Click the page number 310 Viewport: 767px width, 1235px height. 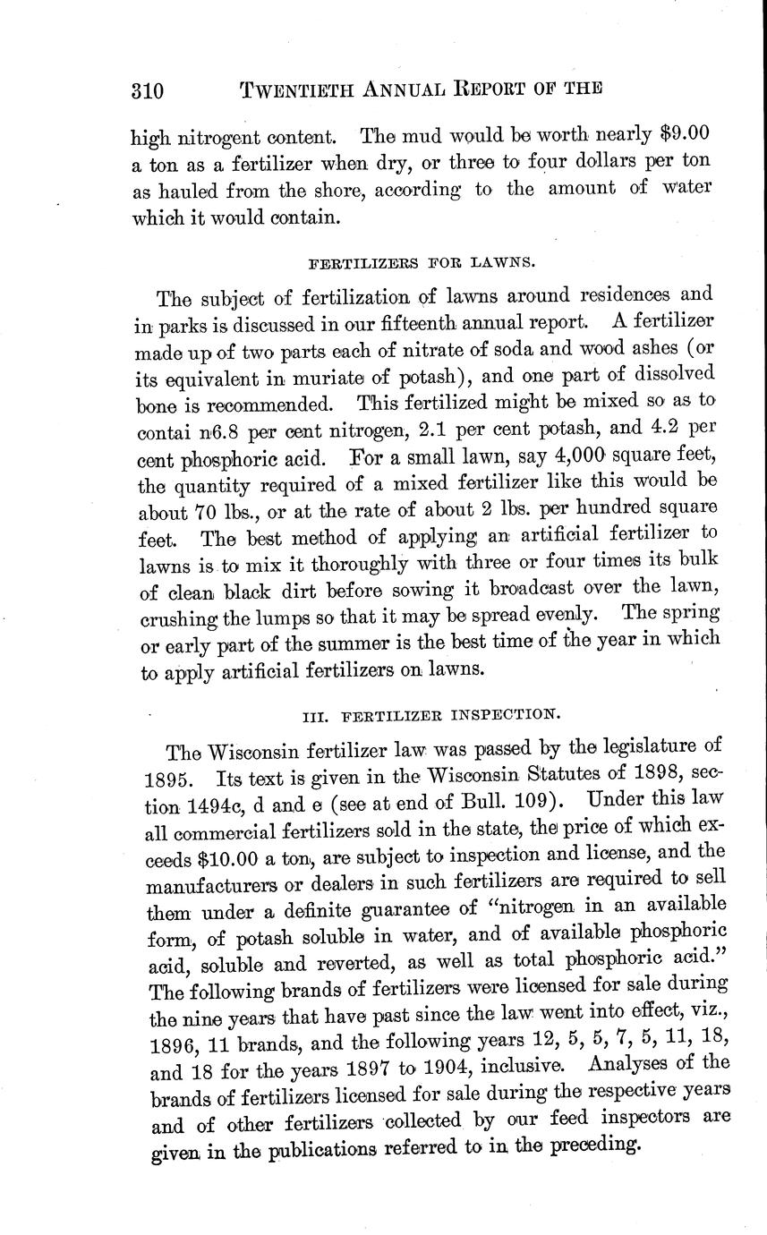point(148,89)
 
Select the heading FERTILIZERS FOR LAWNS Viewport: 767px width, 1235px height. point(422,264)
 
